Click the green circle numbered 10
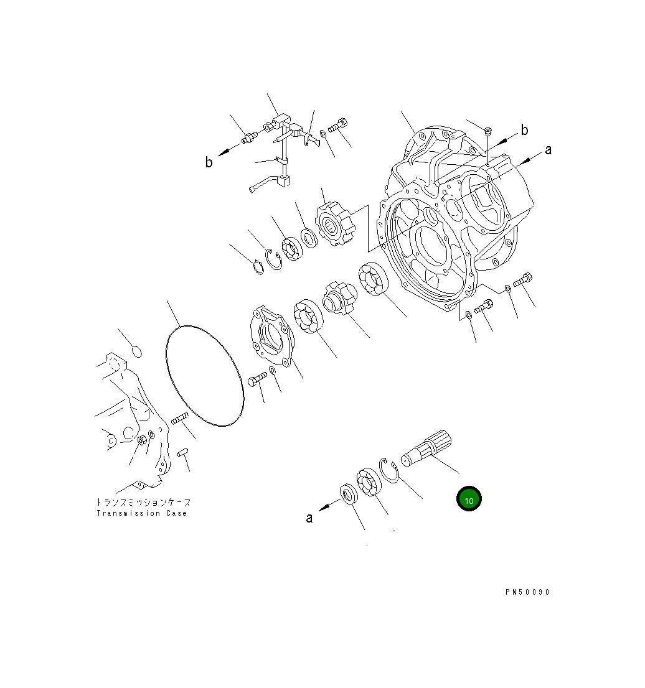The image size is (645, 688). click(469, 499)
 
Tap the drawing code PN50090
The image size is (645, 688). click(527, 592)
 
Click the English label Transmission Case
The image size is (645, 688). click(142, 513)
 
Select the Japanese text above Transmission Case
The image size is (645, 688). click(144, 502)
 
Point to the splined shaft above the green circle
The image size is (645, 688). click(426, 448)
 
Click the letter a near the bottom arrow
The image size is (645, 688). click(309, 518)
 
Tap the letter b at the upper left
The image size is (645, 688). click(209, 162)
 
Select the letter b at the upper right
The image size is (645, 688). click(524, 130)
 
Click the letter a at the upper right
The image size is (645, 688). click(548, 150)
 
